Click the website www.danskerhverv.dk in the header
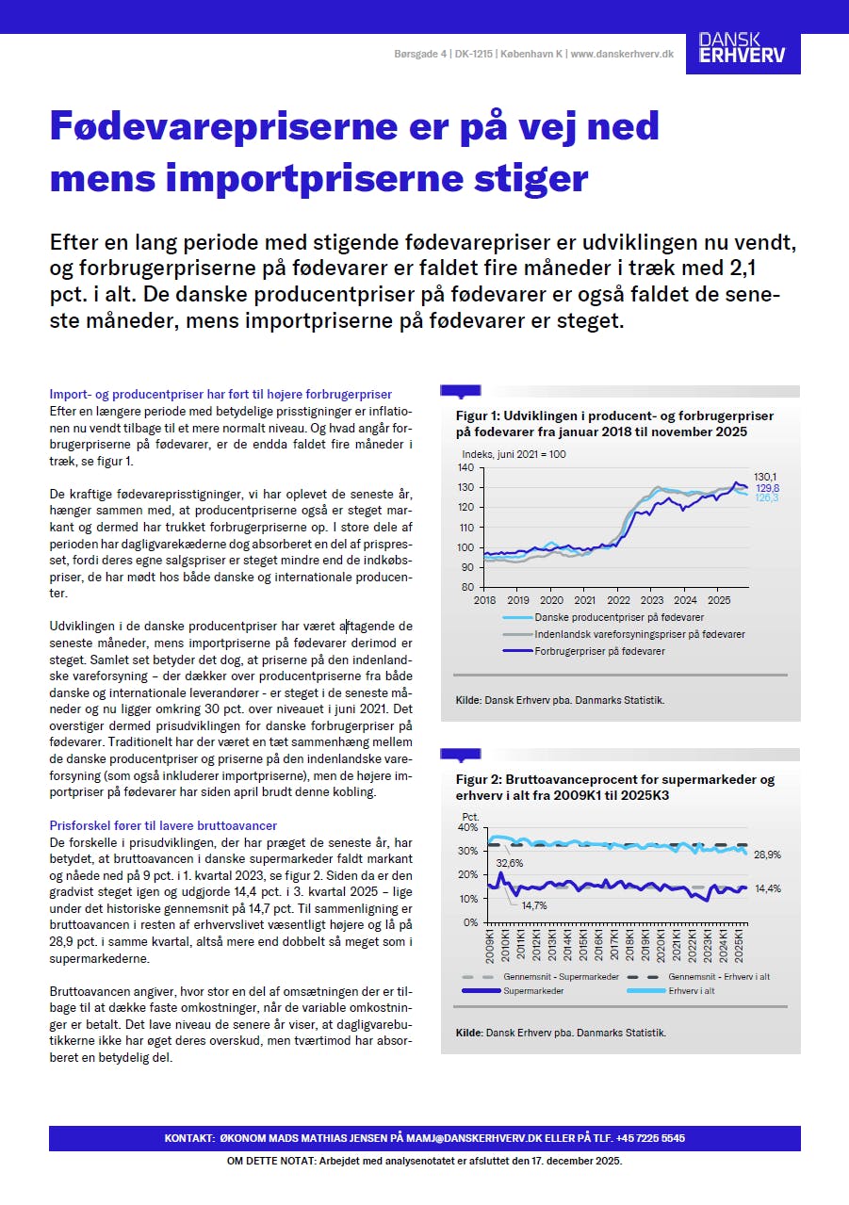click(622, 55)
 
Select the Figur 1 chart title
click(614, 424)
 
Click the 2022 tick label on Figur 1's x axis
click(618, 599)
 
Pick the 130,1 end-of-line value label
click(765, 477)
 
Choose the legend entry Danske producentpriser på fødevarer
click(619, 617)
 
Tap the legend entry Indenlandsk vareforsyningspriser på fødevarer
click(640, 634)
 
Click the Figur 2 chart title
click(614, 787)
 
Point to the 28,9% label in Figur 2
click(768, 855)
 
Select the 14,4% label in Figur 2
click(768, 888)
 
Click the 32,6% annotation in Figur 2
click(510, 863)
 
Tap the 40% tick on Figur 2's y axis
click(468, 827)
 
